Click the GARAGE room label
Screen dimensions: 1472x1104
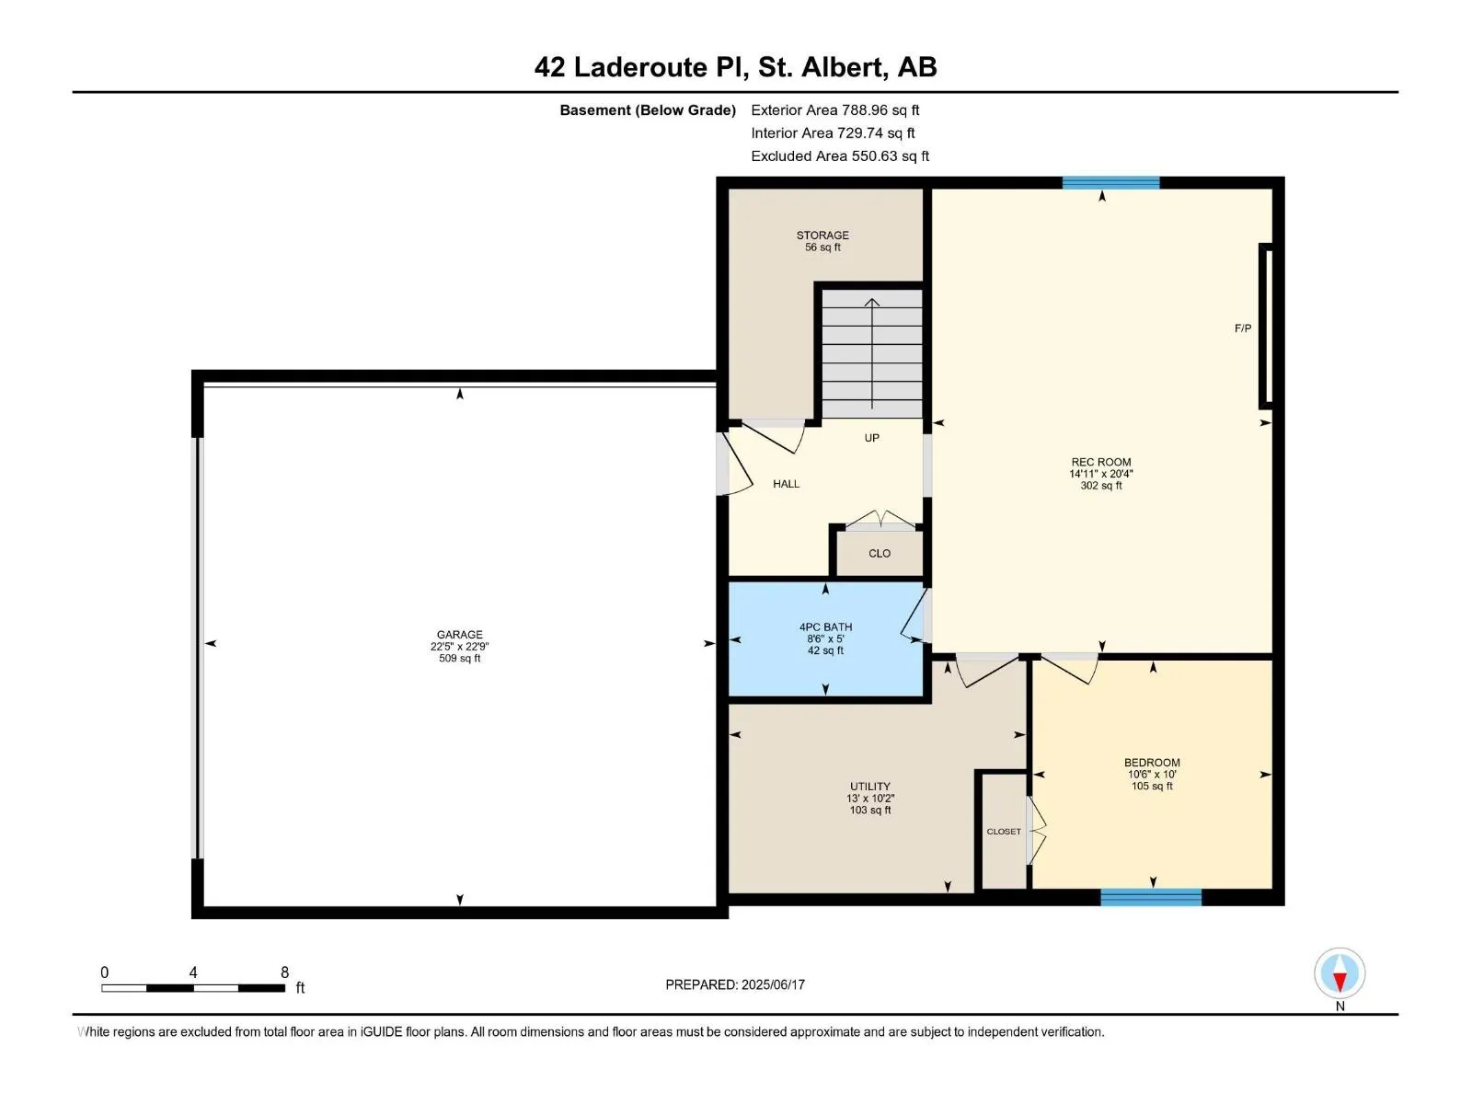click(x=459, y=634)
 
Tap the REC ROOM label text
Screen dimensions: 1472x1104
click(x=1100, y=462)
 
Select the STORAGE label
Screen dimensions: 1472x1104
click(x=822, y=236)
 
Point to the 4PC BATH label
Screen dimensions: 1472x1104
click(x=825, y=627)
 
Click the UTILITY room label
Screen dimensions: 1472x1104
click(x=869, y=787)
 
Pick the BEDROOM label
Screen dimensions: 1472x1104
click(x=1152, y=762)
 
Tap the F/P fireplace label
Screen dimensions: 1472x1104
click(x=1243, y=328)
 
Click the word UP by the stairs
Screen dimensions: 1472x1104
click(x=871, y=438)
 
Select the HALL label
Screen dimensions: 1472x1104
click(x=786, y=483)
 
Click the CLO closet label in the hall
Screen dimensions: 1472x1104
click(x=880, y=553)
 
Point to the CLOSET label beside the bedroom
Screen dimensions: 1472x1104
click(x=1003, y=831)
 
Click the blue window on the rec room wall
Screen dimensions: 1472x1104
click(x=1110, y=183)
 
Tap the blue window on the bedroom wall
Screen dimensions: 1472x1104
click(x=1151, y=897)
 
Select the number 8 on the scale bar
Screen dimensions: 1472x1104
click(x=284, y=972)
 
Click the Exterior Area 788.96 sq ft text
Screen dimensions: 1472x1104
click(x=835, y=109)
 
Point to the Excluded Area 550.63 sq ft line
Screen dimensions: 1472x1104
click(x=840, y=155)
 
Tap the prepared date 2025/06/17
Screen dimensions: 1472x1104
click(x=773, y=984)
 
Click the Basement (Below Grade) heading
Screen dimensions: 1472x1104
click(x=648, y=109)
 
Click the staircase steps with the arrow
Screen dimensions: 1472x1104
click(x=872, y=354)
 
